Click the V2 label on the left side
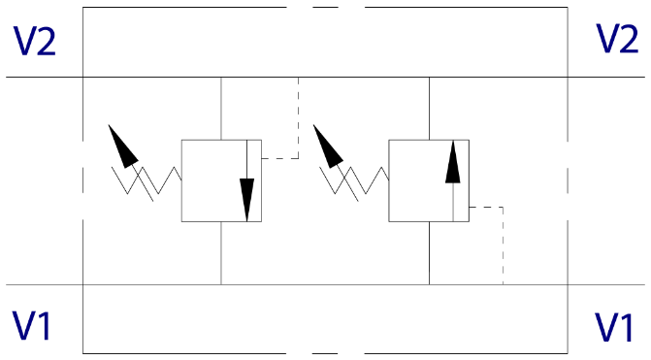pyautogui.click(x=35, y=41)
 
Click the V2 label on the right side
pyautogui.click(x=617, y=38)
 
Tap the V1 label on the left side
pyautogui.click(x=32, y=325)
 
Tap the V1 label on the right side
pyautogui.click(x=614, y=327)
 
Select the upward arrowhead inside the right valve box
pyautogui.click(x=452, y=162)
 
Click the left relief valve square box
pyautogui.click(x=221, y=180)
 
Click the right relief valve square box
pyautogui.click(x=429, y=180)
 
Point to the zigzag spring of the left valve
pyautogui.click(x=146, y=180)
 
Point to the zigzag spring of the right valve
pyautogui.click(x=354, y=180)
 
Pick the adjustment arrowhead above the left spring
pyautogui.click(x=122, y=147)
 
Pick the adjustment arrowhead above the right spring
pyautogui.click(x=327, y=147)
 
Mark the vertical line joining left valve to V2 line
pyautogui.click(x=221, y=109)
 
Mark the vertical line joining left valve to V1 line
pyautogui.click(x=221, y=253)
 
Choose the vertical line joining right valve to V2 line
pyautogui.click(x=429, y=109)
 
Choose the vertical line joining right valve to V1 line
pyautogui.click(x=429, y=253)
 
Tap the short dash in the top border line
pyautogui.click(x=326, y=7)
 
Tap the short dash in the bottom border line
pyautogui.click(x=325, y=354)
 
